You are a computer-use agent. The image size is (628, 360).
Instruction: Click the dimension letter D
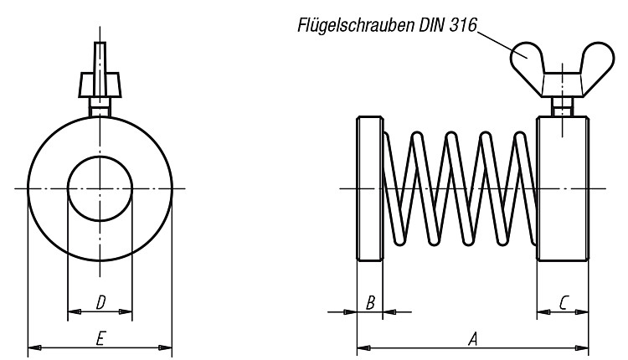tap(101, 303)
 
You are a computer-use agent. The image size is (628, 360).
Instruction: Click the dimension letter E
tap(100, 339)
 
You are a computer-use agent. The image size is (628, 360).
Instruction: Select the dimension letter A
tap(473, 339)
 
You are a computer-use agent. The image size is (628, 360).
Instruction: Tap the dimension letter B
tap(370, 303)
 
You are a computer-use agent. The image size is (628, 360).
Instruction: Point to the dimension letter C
tap(564, 303)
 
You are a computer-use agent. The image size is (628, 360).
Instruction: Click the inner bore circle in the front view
tap(100, 157)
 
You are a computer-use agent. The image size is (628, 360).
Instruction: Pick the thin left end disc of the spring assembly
tap(370, 188)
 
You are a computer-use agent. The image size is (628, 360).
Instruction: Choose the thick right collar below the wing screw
tap(563, 188)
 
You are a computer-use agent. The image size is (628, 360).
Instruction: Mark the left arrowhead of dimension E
tap(33, 347)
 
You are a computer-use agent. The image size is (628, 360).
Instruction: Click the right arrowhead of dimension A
tap(583, 348)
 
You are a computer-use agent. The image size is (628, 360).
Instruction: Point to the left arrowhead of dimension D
tap(74, 311)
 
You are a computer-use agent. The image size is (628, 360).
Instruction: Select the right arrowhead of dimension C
tap(583, 312)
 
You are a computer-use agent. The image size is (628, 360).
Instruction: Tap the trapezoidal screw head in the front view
tap(100, 85)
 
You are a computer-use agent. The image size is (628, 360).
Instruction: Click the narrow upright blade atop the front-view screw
tap(100, 57)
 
